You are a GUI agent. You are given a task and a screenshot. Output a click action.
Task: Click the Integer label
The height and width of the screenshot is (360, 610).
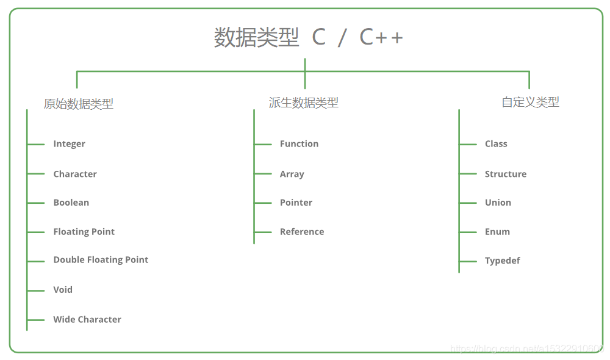coord(70,144)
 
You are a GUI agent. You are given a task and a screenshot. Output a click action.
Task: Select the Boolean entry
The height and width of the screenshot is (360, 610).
coord(71,203)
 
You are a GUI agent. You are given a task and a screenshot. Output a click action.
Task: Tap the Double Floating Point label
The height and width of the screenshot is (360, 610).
coord(101,260)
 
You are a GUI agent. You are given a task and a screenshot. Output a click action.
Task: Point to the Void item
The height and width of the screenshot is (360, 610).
coord(63,290)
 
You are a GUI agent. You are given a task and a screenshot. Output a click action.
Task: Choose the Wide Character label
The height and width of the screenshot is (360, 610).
coord(87,320)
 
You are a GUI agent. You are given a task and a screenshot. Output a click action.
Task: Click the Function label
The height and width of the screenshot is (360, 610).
coord(299,143)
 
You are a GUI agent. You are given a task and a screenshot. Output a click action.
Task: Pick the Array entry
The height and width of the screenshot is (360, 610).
coord(292,174)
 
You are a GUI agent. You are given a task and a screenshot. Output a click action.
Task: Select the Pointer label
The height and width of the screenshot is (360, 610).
coord(296,203)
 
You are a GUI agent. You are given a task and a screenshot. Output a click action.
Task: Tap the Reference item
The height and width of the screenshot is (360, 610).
coord(302,232)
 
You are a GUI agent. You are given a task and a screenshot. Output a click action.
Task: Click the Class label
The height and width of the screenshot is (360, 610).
coord(496,143)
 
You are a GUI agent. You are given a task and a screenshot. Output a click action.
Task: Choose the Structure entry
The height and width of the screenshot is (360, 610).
coord(506,174)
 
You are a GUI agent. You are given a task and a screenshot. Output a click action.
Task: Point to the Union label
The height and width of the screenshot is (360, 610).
coord(498,203)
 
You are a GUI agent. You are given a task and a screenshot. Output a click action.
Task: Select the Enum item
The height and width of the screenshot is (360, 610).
coord(497,232)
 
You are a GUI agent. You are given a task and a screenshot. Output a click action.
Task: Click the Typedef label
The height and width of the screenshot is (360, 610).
coord(502,261)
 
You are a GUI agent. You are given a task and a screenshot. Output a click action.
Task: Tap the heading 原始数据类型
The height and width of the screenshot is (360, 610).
coord(79,104)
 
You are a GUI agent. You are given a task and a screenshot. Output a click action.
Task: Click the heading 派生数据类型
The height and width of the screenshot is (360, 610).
coord(303,103)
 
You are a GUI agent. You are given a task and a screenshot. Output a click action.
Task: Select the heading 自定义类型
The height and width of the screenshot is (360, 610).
coord(530,102)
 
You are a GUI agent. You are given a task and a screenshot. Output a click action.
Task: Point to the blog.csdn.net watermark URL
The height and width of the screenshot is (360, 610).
coord(527,348)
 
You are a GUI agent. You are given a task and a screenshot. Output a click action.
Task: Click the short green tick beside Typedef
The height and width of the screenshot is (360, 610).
coord(468,262)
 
